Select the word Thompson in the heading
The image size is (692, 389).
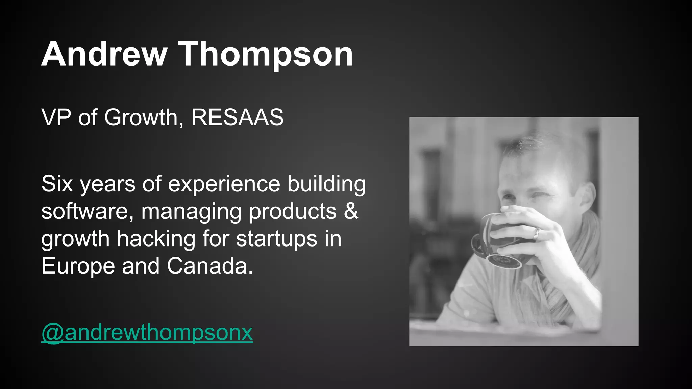(266, 54)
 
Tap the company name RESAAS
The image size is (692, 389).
(237, 118)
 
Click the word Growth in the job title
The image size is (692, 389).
(141, 118)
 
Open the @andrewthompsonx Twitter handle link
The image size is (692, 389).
(147, 333)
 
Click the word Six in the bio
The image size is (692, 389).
(57, 184)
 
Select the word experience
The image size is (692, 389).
(224, 184)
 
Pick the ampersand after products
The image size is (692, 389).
(351, 211)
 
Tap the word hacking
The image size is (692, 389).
(156, 239)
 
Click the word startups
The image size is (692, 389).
(277, 239)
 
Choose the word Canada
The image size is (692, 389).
(210, 266)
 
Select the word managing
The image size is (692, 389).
(191, 211)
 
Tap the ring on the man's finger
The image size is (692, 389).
(536, 233)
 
